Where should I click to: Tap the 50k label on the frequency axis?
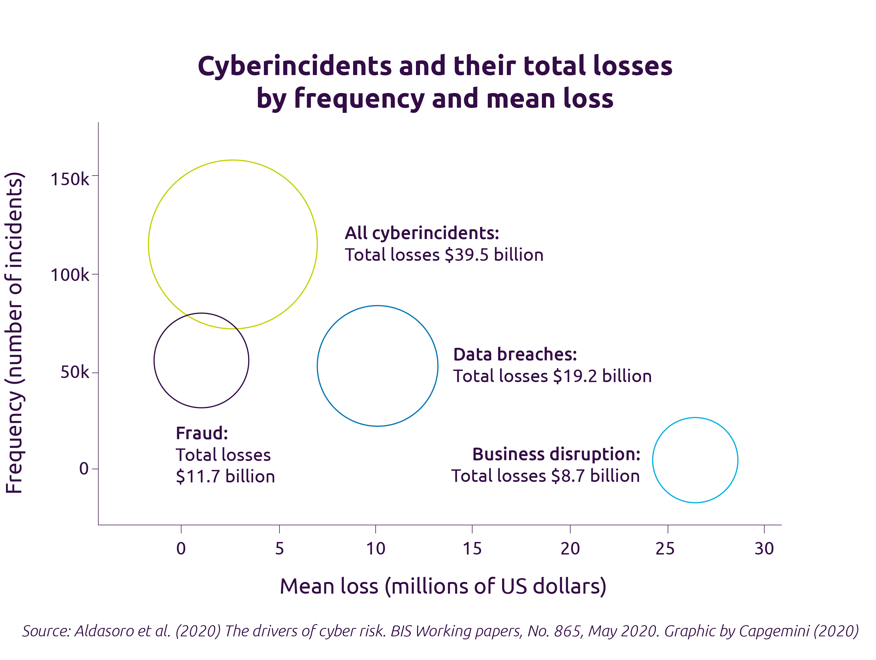pos(75,372)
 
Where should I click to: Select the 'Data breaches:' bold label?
pos(515,354)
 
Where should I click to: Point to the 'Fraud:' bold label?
pos(202,433)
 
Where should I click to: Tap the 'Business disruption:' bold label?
pos(556,454)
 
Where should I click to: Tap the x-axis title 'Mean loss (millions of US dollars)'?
pos(443,586)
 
